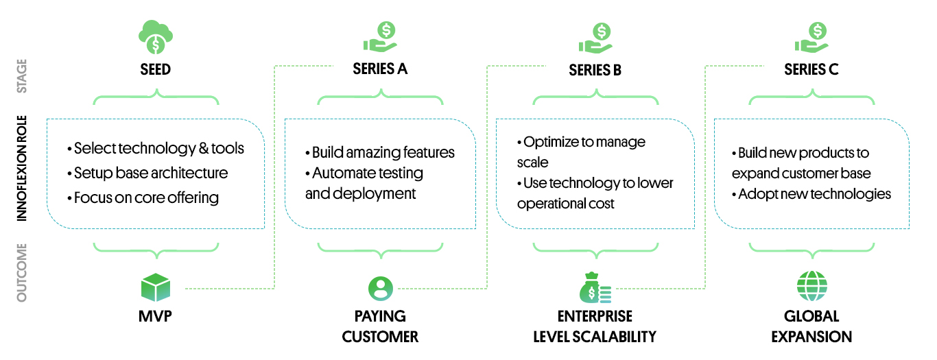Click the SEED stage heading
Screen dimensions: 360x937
[x=156, y=70]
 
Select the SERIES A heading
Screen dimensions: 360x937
[x=380, y=69]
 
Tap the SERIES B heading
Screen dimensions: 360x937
[x=595, y=70]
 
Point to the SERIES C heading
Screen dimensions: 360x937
[x=811, y=69]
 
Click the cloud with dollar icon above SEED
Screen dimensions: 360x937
[x=156, y=36]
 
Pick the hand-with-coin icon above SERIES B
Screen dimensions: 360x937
[x=595, y=38]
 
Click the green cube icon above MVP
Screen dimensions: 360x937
[x=155, y=288]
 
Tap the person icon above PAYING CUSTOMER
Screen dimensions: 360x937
[x=380, y=288]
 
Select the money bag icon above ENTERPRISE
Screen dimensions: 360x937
[x=595, y=288]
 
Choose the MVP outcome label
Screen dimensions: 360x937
[x=156, y=317]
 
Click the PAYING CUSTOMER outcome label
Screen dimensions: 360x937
[x=380, y=326]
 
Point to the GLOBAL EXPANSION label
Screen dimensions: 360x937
[x=811, y=326]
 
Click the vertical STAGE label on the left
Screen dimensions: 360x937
[x=22, y=75]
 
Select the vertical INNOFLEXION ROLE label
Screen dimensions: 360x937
[x=22, y=167]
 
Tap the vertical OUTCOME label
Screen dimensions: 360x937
[x=22, y=272]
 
